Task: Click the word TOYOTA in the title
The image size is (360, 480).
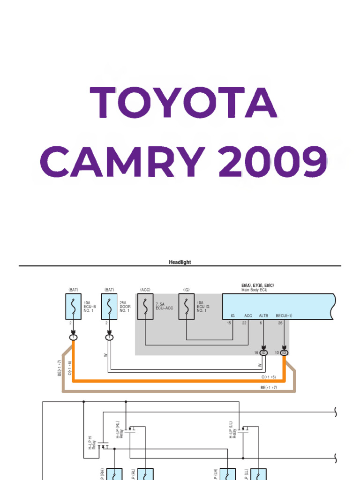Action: pyautogui.click(x=183, y=102)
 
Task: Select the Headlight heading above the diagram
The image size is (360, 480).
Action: pyautogui.click(x=180, y=262)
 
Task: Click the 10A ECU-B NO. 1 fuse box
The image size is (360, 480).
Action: pyautogui.click(x=73, y=307)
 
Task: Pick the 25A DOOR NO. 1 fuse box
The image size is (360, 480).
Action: pyautogui.click(x=109, y=307)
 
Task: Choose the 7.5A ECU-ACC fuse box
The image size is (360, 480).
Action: pyautogui.click(x=145, y=307)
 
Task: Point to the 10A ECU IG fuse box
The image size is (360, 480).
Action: pyautogui.click(x=187, y=307)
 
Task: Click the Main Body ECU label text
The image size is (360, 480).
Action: pyautogui.click(x=255, y=290)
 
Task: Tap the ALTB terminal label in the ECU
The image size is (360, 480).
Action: pyautogui.click(x=264, y=316)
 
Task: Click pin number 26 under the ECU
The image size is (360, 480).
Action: pyautogui.click(x=280, y=323)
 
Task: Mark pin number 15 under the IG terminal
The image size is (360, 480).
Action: pyautogui.click(x=229, y=323)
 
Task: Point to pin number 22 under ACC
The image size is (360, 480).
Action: pyautogui.click(x=244, y=323)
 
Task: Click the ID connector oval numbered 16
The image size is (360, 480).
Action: pyautogui.click(x=264, y=352)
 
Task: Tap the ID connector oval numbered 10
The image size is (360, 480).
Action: pyautogui.click(x=284, y=352)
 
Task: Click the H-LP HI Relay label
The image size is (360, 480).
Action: pyautogui.click(x=92, y=442)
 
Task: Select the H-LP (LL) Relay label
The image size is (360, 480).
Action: pyautogui.click(x=233, y=428)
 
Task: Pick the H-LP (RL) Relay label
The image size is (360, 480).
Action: pyautogui.click(x=119, y=428)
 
